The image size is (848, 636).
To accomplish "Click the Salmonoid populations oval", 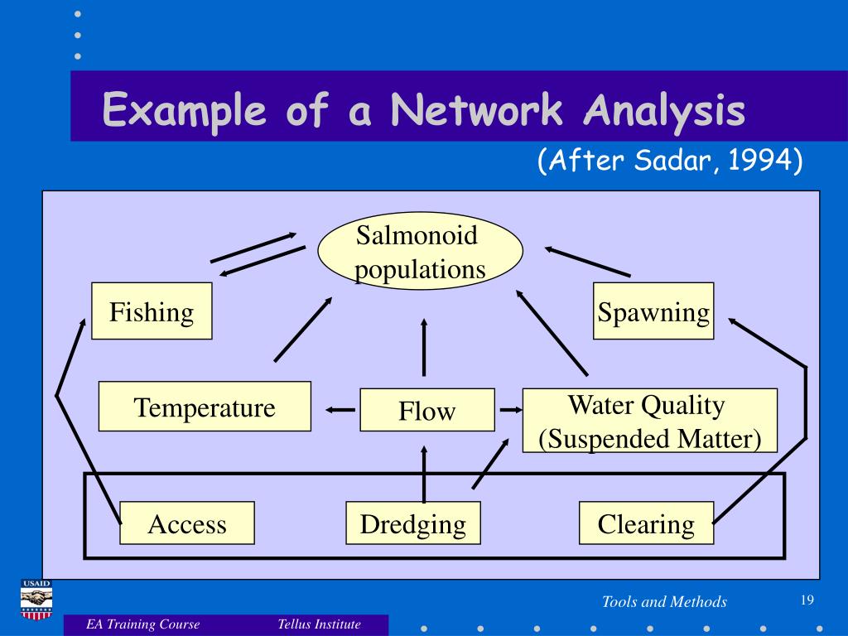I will tap(421, 253).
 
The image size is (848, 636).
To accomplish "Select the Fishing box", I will tap(152, 311).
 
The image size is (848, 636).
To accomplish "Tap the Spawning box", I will tap(653, 311).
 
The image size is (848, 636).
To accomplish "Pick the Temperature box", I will tap(205, 407).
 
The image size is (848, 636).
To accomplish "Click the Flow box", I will tap(426, 410).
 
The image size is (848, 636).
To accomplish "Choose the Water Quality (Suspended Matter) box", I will tap(650, 421).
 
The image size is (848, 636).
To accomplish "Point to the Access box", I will tap(187, 523).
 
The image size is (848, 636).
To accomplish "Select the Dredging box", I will tap(412, 523).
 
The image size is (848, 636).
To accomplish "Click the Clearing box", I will tap(646, 523).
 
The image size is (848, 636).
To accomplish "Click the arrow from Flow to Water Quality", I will tap(508, 409).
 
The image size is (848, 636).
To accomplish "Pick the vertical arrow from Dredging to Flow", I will tap(423, 474).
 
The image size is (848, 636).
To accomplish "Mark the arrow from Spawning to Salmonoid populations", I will tap(588, 262).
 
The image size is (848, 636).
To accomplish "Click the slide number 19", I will tap(808, 600).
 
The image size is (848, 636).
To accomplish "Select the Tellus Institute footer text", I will tap(320, 624).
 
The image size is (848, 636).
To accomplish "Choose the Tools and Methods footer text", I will tap(664, 602).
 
